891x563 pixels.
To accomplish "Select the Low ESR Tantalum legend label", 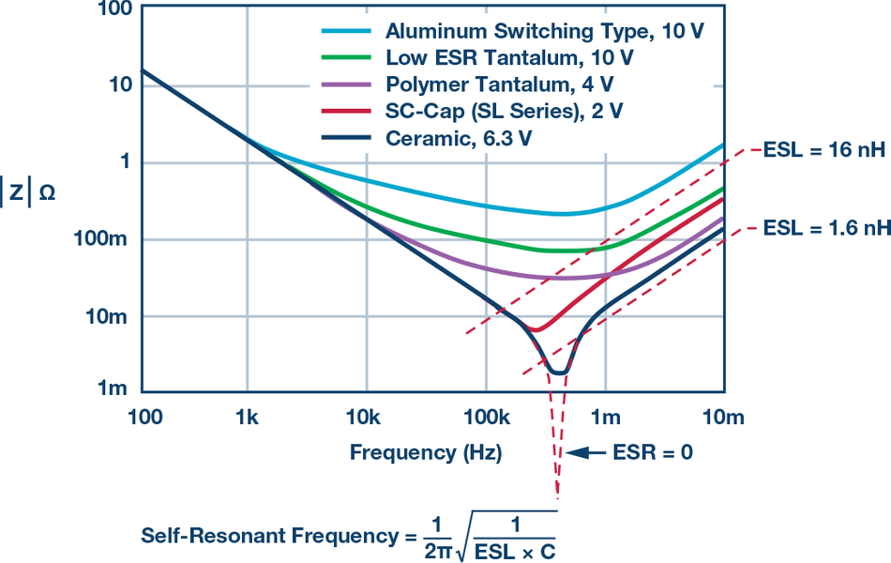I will [x=509, y=57].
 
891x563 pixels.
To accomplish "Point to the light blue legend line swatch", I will [x=348, y=31].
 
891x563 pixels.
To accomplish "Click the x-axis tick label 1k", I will [x=247, y=415].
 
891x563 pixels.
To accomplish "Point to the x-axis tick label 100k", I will [x=484, y=415].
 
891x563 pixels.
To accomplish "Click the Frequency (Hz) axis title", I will [x=426, y=453].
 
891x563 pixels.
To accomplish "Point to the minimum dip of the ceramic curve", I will [x=558, y=373].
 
